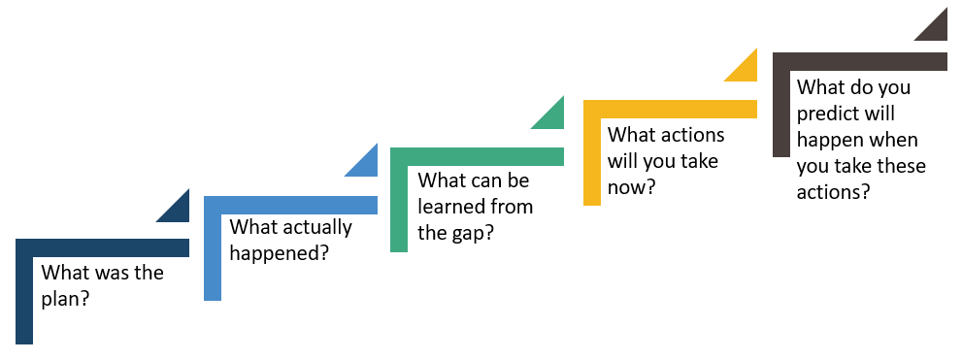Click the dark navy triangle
pos(179,211)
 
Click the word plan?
pos(66,298)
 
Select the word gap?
pos(474,232)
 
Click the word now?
pos(630,185)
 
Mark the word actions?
pos(833,191)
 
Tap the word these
pos(900,166)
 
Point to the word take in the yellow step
pos(699,160)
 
